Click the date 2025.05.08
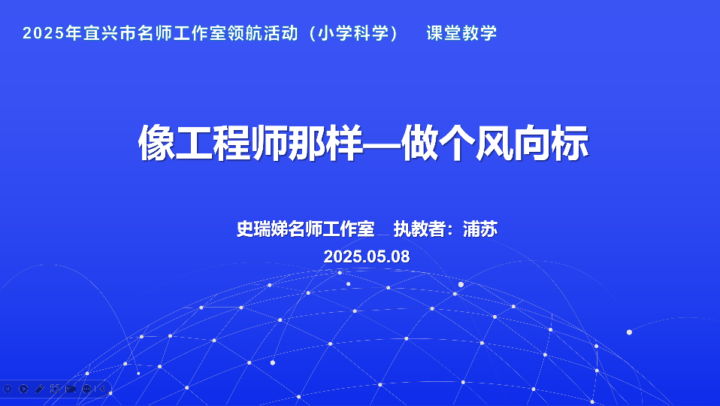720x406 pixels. pos(367,256)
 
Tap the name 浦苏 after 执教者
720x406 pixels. pos(480,229)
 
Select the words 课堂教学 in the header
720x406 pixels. pos(461,33)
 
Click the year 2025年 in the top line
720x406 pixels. pos(52,33)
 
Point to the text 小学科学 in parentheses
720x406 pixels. pos(353,33)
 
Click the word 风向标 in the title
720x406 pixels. pos(532,143)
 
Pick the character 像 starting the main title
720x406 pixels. pos(156,143)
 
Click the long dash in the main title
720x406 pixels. pos(382,144)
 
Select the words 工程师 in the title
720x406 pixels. pos(232,143)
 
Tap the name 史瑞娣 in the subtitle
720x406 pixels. pos(262,229)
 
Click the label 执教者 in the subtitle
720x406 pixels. pos(419,229)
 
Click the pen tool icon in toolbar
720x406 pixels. pos(40,389)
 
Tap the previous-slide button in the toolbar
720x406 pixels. pos(8,389)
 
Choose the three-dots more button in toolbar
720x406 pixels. pos(86,389)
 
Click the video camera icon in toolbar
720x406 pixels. pos(71,389)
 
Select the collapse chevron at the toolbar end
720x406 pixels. pos(102,389)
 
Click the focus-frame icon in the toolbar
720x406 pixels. pos(55,389)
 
